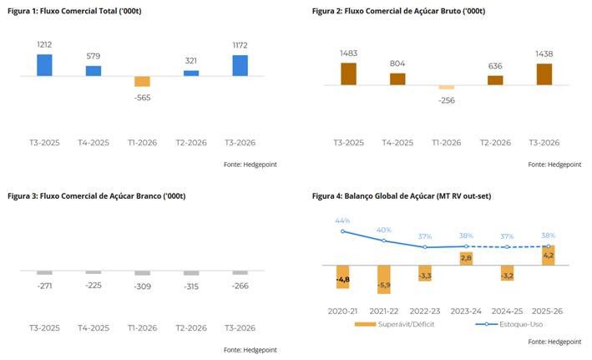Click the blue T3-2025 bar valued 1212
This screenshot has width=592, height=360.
click(44, 65)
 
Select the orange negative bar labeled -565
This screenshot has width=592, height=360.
click(142, 82)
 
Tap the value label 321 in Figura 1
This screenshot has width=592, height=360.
click(191, 60)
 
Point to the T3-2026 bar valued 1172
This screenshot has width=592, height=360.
click(240, 65)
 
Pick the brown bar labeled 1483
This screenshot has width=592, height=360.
click(348, 74)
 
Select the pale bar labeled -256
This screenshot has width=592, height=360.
click(447, 87)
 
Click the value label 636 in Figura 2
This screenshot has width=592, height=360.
click(495, 66)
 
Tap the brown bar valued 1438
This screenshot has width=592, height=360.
click(544, 74)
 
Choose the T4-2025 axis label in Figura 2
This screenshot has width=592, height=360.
click(397, 142)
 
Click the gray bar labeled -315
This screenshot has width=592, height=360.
click(191, 273)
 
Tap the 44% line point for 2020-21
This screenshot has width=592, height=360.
click(342, 231)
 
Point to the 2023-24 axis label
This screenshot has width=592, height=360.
click(466, 311)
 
